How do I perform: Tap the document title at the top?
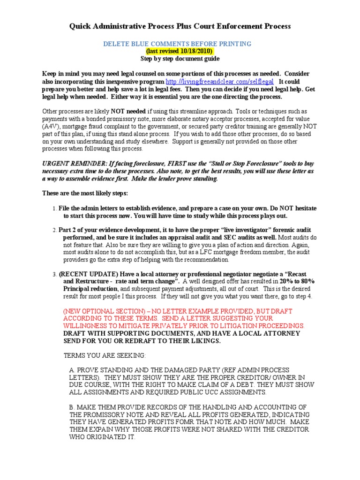coord(180,26)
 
